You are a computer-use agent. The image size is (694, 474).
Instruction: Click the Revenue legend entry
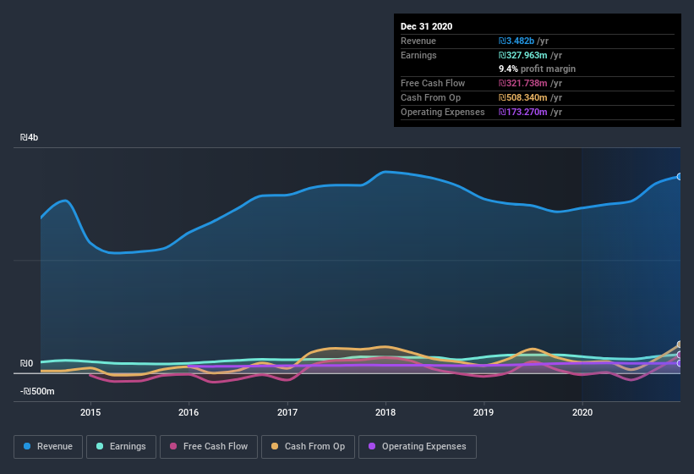click(48, 446)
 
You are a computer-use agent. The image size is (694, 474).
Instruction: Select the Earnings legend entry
click(122, 446)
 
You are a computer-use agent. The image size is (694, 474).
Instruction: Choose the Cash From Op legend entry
click(308, 446)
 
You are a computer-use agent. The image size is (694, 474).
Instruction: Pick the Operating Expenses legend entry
click(417, 446)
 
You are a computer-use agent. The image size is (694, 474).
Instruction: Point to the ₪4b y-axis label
click(30, 137)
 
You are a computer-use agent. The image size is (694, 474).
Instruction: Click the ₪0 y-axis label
click(26, 364)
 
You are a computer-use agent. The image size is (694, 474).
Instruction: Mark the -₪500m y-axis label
click(37, 391)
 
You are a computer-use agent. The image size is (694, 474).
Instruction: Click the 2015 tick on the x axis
click(90, 412)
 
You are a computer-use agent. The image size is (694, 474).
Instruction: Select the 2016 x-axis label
click(189, 412)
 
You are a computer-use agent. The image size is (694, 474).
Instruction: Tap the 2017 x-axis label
click(287, 412)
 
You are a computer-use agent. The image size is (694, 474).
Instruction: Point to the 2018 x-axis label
click(385, 412)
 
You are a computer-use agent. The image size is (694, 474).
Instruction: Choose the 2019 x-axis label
click(484, 412)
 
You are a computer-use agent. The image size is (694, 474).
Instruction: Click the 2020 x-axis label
click(582, 412)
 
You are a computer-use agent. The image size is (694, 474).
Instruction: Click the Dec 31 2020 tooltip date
click(427, 26)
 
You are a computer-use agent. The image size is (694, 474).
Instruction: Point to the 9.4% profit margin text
click(538, 69)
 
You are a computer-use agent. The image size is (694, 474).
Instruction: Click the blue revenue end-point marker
click(680, 177)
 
